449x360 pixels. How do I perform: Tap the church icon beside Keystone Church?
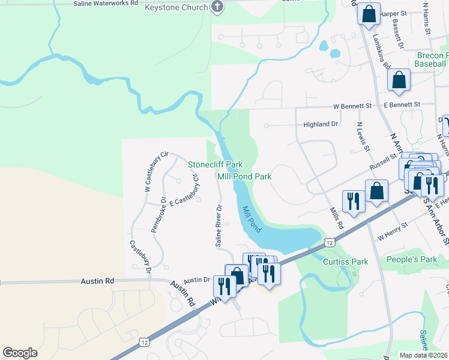218,8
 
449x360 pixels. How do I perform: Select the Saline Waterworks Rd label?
106,3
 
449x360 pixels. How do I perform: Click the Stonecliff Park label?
215,164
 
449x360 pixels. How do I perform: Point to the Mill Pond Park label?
244,177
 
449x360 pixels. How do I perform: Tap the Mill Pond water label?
252,220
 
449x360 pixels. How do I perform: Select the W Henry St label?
393,230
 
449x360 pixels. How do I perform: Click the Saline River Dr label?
219,226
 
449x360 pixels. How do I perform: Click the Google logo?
20,352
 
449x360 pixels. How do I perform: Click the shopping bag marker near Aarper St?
369,13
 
